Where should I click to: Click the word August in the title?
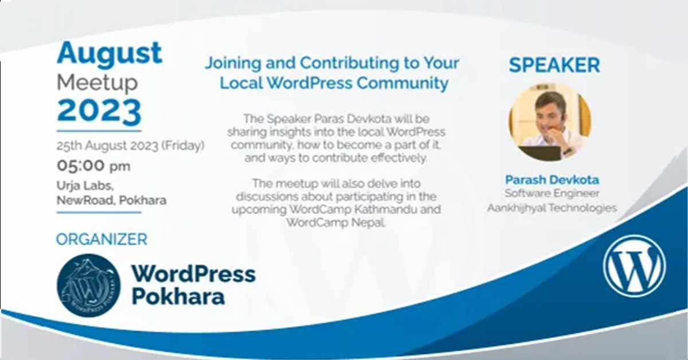[110, 54]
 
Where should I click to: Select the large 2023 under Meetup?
[99, 111]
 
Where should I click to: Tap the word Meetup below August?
[97, 83]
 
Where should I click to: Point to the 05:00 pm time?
[93, 166]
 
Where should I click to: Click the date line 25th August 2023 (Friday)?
[130, 146]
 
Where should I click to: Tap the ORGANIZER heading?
[101, 239]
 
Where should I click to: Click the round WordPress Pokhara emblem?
[89, 285]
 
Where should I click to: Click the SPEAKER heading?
[554, 65]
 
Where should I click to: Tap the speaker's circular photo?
[549, 122]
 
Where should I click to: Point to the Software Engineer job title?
[552, 194]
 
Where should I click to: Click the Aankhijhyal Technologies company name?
[552, 208]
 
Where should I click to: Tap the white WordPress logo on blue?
[634, 266]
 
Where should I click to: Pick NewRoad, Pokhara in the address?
[111, 201]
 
